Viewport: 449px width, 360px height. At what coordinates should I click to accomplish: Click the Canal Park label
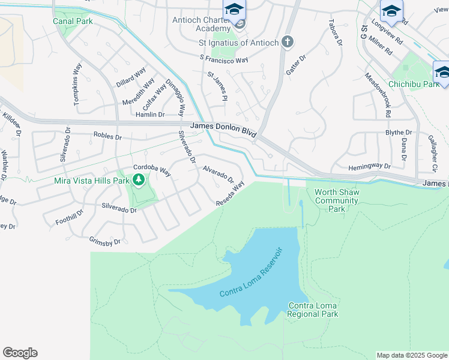point(72,21)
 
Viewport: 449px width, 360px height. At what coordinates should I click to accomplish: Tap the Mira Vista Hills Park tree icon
point(139,179)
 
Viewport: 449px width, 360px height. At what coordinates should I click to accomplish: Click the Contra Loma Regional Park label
point(312,310)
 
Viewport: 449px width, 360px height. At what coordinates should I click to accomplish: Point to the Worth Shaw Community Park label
point(337,200)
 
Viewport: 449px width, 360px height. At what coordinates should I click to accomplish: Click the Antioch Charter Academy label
point(201,23)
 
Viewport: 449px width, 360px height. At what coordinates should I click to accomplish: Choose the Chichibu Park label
point(414,85)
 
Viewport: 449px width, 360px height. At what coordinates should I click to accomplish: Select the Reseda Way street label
point(231,194)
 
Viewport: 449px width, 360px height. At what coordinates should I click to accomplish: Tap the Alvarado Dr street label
point(217,174)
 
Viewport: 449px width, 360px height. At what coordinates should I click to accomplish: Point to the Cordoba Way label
point(152,171)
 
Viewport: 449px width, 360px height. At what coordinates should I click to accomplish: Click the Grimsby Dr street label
point(105,241)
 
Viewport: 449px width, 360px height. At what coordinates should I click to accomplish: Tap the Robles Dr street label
point(107,136)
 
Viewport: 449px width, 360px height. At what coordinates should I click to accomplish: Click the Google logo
point(20,353)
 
